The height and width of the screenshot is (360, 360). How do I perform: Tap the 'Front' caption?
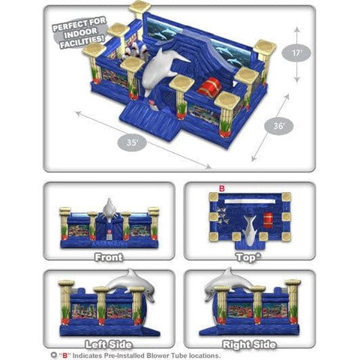(x=109, y=256)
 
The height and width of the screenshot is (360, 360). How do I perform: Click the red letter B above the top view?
(x=220, y=188)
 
